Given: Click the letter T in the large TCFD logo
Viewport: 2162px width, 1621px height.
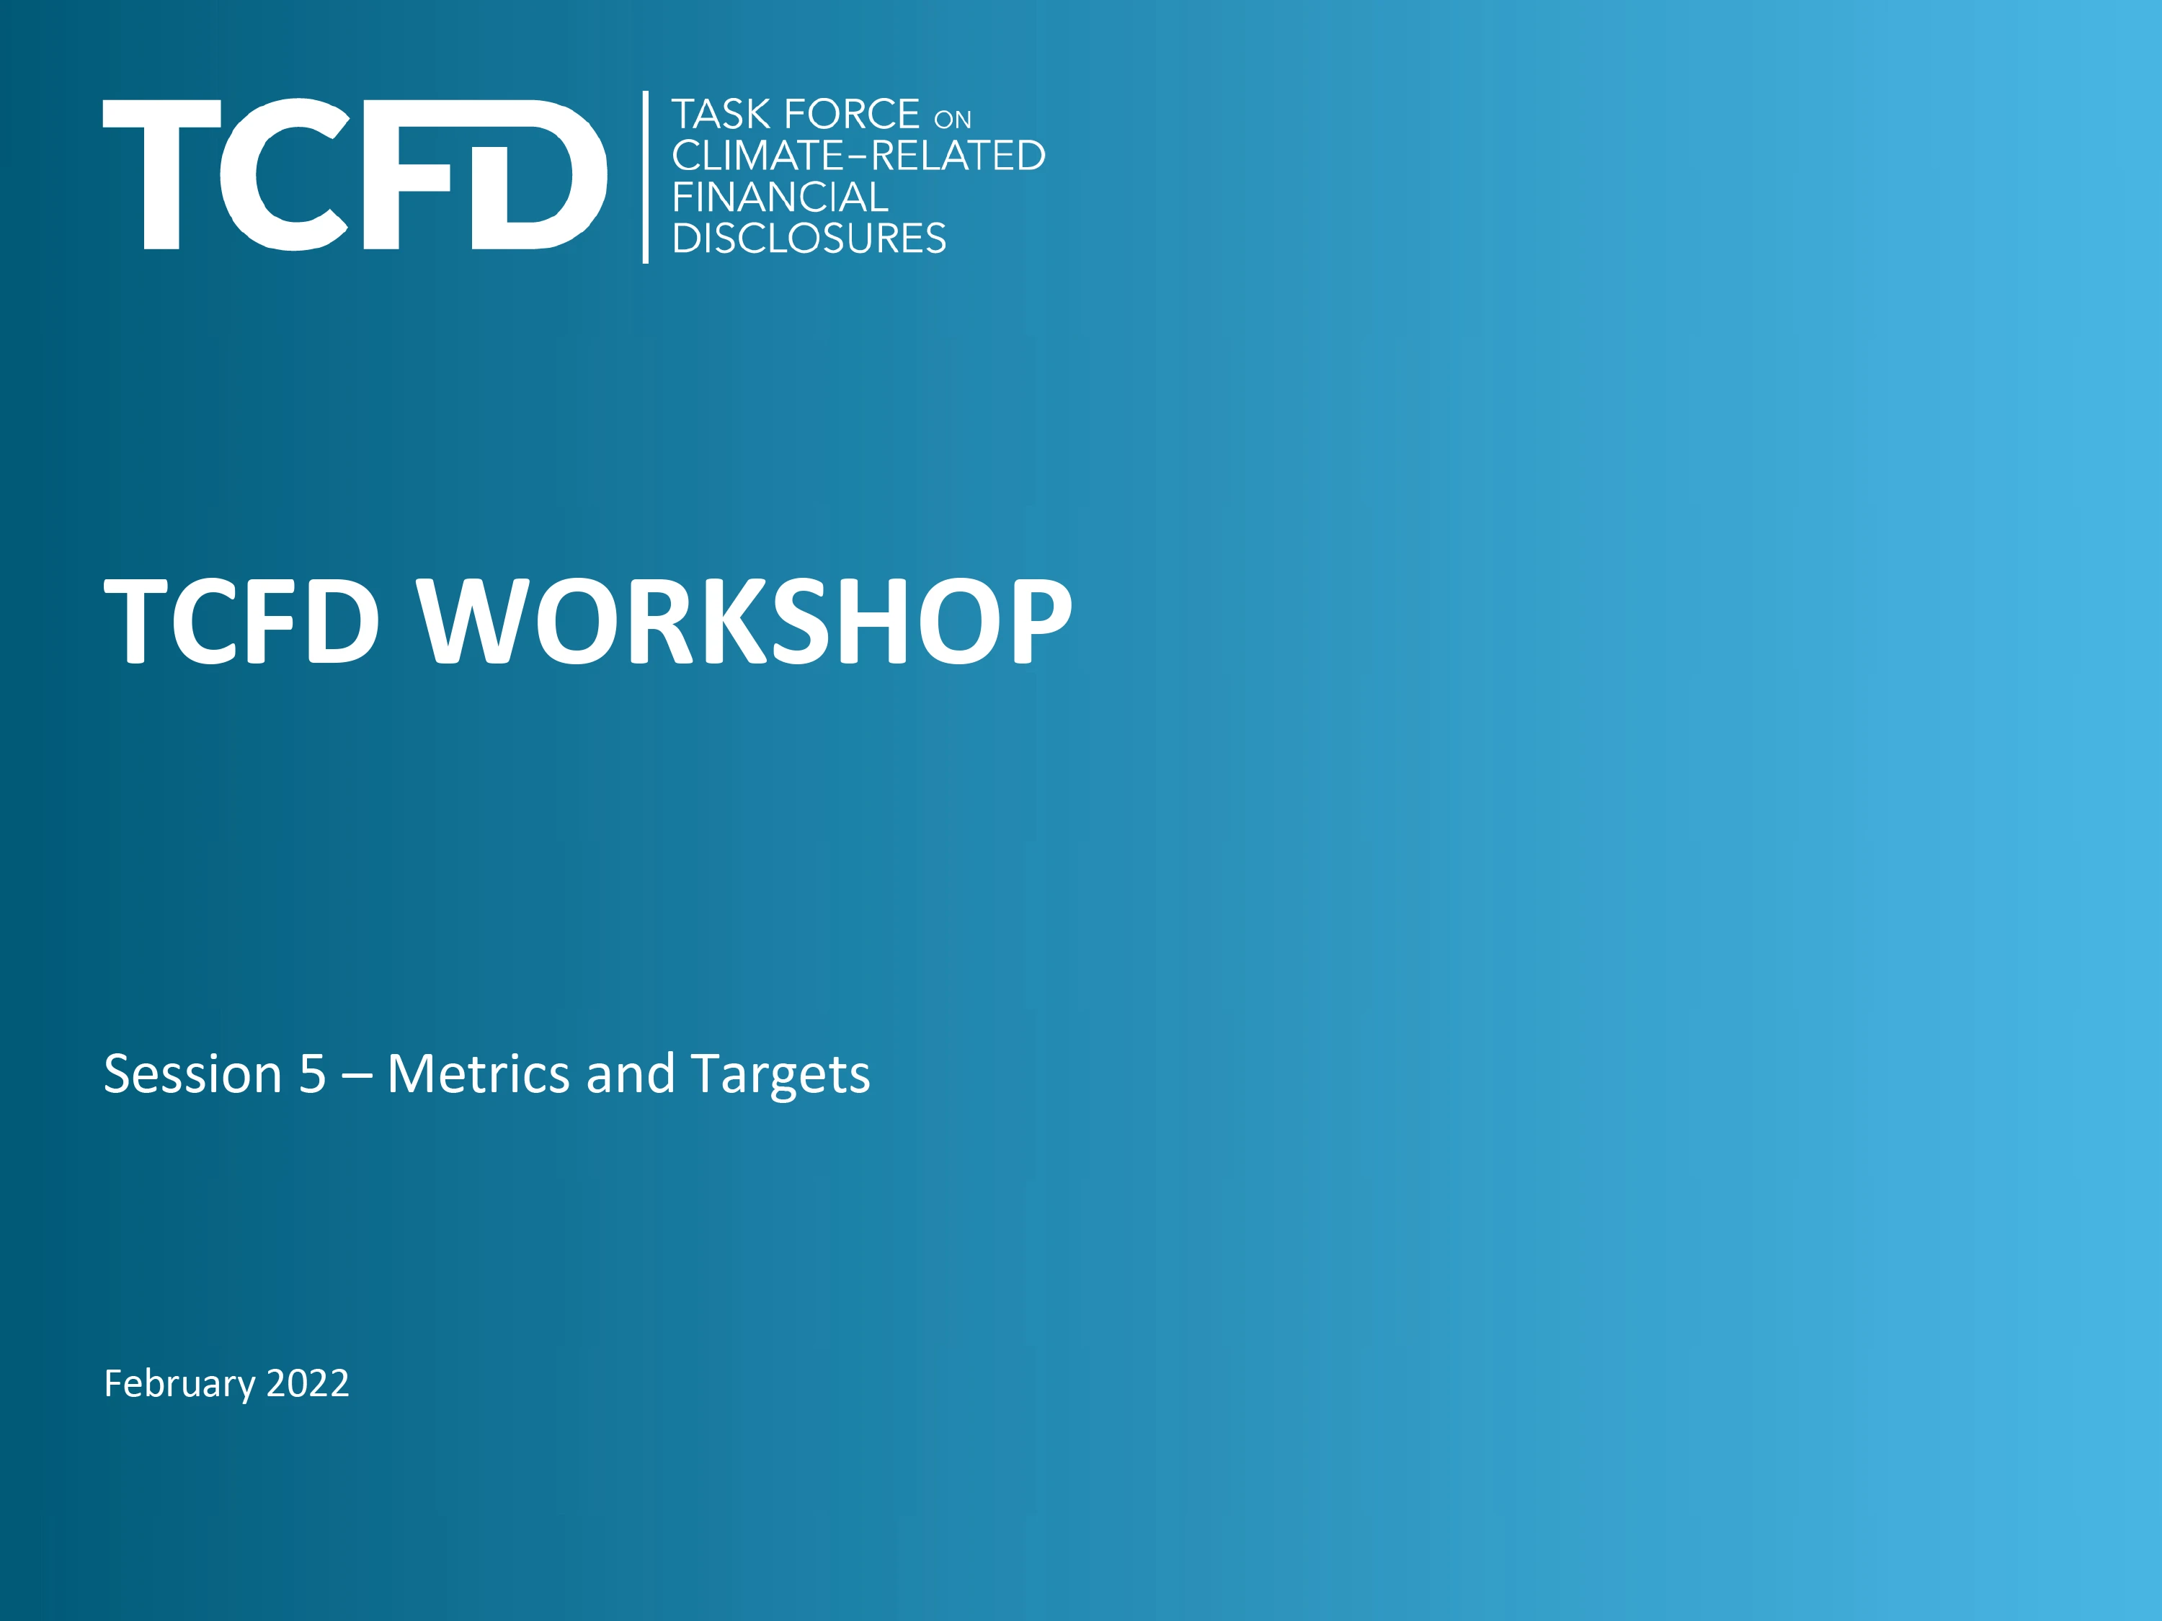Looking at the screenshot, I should coord(161,174).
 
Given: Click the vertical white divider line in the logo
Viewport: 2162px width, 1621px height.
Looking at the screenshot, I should coord(645,177).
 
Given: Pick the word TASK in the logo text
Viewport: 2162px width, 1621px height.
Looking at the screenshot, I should coord(721,115).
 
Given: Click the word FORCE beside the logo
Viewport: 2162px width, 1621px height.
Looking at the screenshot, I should coord(851,115).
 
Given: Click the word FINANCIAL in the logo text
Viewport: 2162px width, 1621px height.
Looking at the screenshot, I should coord(780,197).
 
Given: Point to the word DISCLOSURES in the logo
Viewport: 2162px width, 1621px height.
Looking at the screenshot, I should coord(809,238).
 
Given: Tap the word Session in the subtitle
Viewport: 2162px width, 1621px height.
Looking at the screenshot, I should coord(192,1074).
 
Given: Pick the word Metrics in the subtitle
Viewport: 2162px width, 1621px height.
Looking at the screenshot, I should coord(478,1074).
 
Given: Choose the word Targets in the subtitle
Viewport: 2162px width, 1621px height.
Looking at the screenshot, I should coord(779,1076).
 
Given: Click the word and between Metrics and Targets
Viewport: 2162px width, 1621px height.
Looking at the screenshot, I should coord(631,1074).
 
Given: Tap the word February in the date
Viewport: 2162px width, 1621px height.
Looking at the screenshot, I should coord(179,1383).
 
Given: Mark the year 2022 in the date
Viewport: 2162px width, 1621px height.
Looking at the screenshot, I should coord(307,1383).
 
